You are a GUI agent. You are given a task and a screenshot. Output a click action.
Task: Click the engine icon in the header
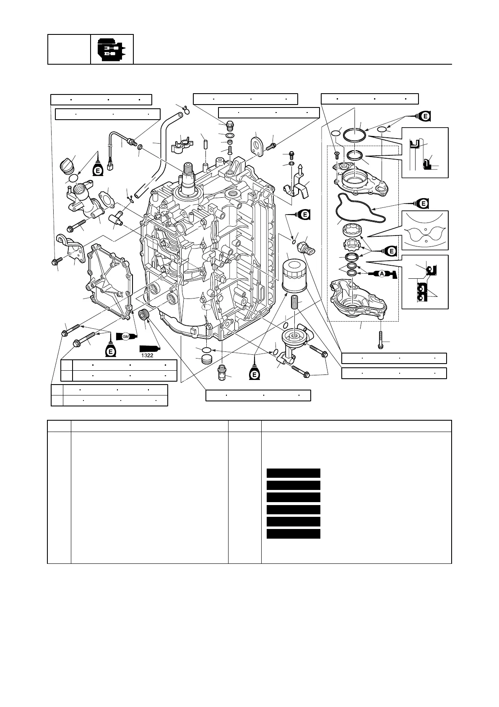[112, 50]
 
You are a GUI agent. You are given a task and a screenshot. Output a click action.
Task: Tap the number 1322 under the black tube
[147, 357]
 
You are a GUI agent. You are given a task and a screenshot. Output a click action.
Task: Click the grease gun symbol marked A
[382, 274]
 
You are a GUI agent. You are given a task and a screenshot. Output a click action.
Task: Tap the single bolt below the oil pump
[381, 339]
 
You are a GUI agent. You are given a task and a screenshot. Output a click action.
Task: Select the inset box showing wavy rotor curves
[425, 231]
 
